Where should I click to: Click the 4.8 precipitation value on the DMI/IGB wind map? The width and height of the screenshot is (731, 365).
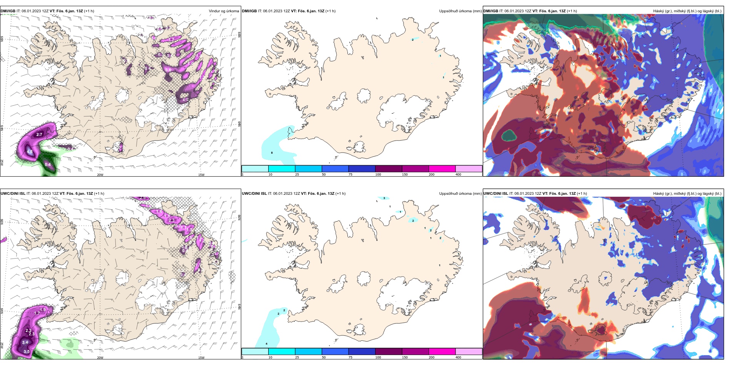pyautogui.click(x=30, y=151)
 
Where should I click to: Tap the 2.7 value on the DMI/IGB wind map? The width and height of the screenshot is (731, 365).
pyautogui.click(x=39, y=134)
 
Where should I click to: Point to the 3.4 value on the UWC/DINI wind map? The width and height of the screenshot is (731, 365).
pyautogui.click(x=25, y=342)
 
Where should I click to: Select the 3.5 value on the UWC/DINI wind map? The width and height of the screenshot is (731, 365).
pyautogui.click(x=27, y=352)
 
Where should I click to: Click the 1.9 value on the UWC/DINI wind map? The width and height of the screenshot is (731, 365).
pyautogui.click(x=43, y=310)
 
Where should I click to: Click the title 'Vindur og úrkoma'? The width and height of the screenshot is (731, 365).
pyautogui.click(x=224, y=11)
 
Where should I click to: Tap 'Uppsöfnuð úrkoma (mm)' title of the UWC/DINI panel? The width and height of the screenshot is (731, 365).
pyautogui.click(x=460, y=194)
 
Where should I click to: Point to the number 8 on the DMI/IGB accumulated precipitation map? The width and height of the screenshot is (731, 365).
pyautogui.click(x=272, y=153)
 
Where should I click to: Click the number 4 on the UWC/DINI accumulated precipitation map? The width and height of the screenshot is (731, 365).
pyautogui.click(x=266, y=343)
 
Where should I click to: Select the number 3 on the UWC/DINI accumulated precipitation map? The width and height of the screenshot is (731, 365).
pyautogui.click(x=384, y=198)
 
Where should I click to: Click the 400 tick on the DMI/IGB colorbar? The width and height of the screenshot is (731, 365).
pyautogui.click(x=458, y=174)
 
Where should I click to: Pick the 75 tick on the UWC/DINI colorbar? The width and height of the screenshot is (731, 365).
pyautogui.click(x=350, y=357)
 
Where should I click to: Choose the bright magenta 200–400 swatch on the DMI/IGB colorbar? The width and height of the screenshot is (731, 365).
pyautogui.click(x=442, y=169)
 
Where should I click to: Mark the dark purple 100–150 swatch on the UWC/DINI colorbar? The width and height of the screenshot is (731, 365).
pyautogui.click(x=389, y=352)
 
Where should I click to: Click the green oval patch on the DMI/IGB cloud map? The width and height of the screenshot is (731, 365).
pyautogui.click(x=509, y=135)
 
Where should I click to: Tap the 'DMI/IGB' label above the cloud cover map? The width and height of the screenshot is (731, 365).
pyautogui.click(x=491, y=11)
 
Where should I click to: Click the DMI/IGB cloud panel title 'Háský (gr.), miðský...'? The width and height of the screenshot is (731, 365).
pyautogui.click(x=687, y=11)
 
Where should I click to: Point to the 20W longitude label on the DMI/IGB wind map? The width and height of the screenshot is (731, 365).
pyautogui.click(x=100, y=175)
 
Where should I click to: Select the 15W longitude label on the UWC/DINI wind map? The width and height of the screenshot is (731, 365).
pyautogui.click(x=201, y=358)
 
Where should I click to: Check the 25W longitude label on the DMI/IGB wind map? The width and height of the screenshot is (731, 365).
pyautogui.click(x=2, y=163)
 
